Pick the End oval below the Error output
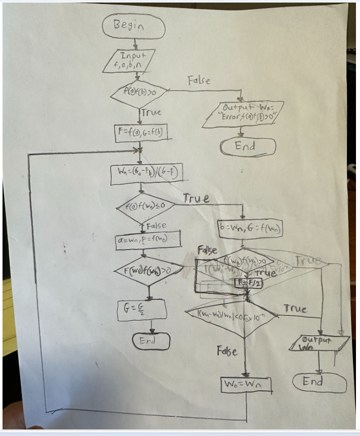pyautogui.click(x=248, y=146)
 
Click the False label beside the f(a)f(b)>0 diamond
pyautogui.click(x=199, y=80)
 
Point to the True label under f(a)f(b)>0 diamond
pyautogui.click(x=150, y=112)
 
